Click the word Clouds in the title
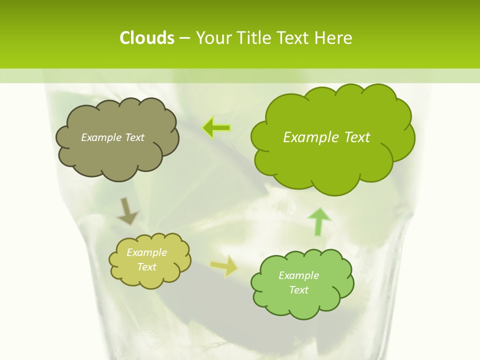(146, 38)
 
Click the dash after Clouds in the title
(184, 38)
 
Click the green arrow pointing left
(216, 127)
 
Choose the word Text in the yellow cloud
(147, 267)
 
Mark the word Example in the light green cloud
(298, 275)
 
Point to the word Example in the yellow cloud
(147, 252)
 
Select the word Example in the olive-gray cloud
(101, 137)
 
